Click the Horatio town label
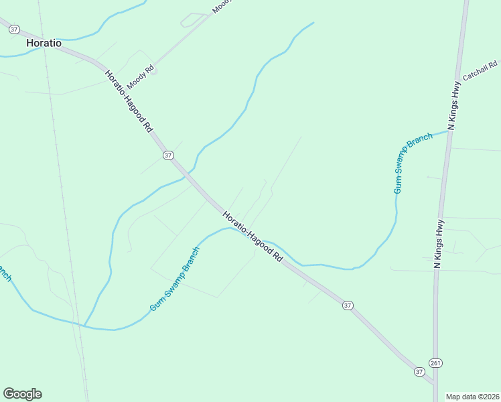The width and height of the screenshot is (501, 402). pyautogui.click(x=44, y=43)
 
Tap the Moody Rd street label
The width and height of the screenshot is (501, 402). pyautogui.click(x=141, y=77)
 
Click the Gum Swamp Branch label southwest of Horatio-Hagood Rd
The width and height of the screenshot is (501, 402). pyautogui.click(x=175, y=279)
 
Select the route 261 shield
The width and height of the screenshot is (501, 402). pyautogui.click(x=436, y=362)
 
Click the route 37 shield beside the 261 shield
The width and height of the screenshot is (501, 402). pyautogui.click(x=419, y=371)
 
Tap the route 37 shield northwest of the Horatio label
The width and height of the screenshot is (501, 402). pyautogui.click(x=14, y=29)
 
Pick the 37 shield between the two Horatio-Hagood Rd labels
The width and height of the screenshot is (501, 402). pyautogui.click(x=168, y=155)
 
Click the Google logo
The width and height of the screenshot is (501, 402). pyautogui.click(x=22, y=393)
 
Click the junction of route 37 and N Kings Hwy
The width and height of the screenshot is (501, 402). pyautogui.click(x=435, y=385)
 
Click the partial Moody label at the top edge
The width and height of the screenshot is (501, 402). pyautogui.click(x=221, y=6)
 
